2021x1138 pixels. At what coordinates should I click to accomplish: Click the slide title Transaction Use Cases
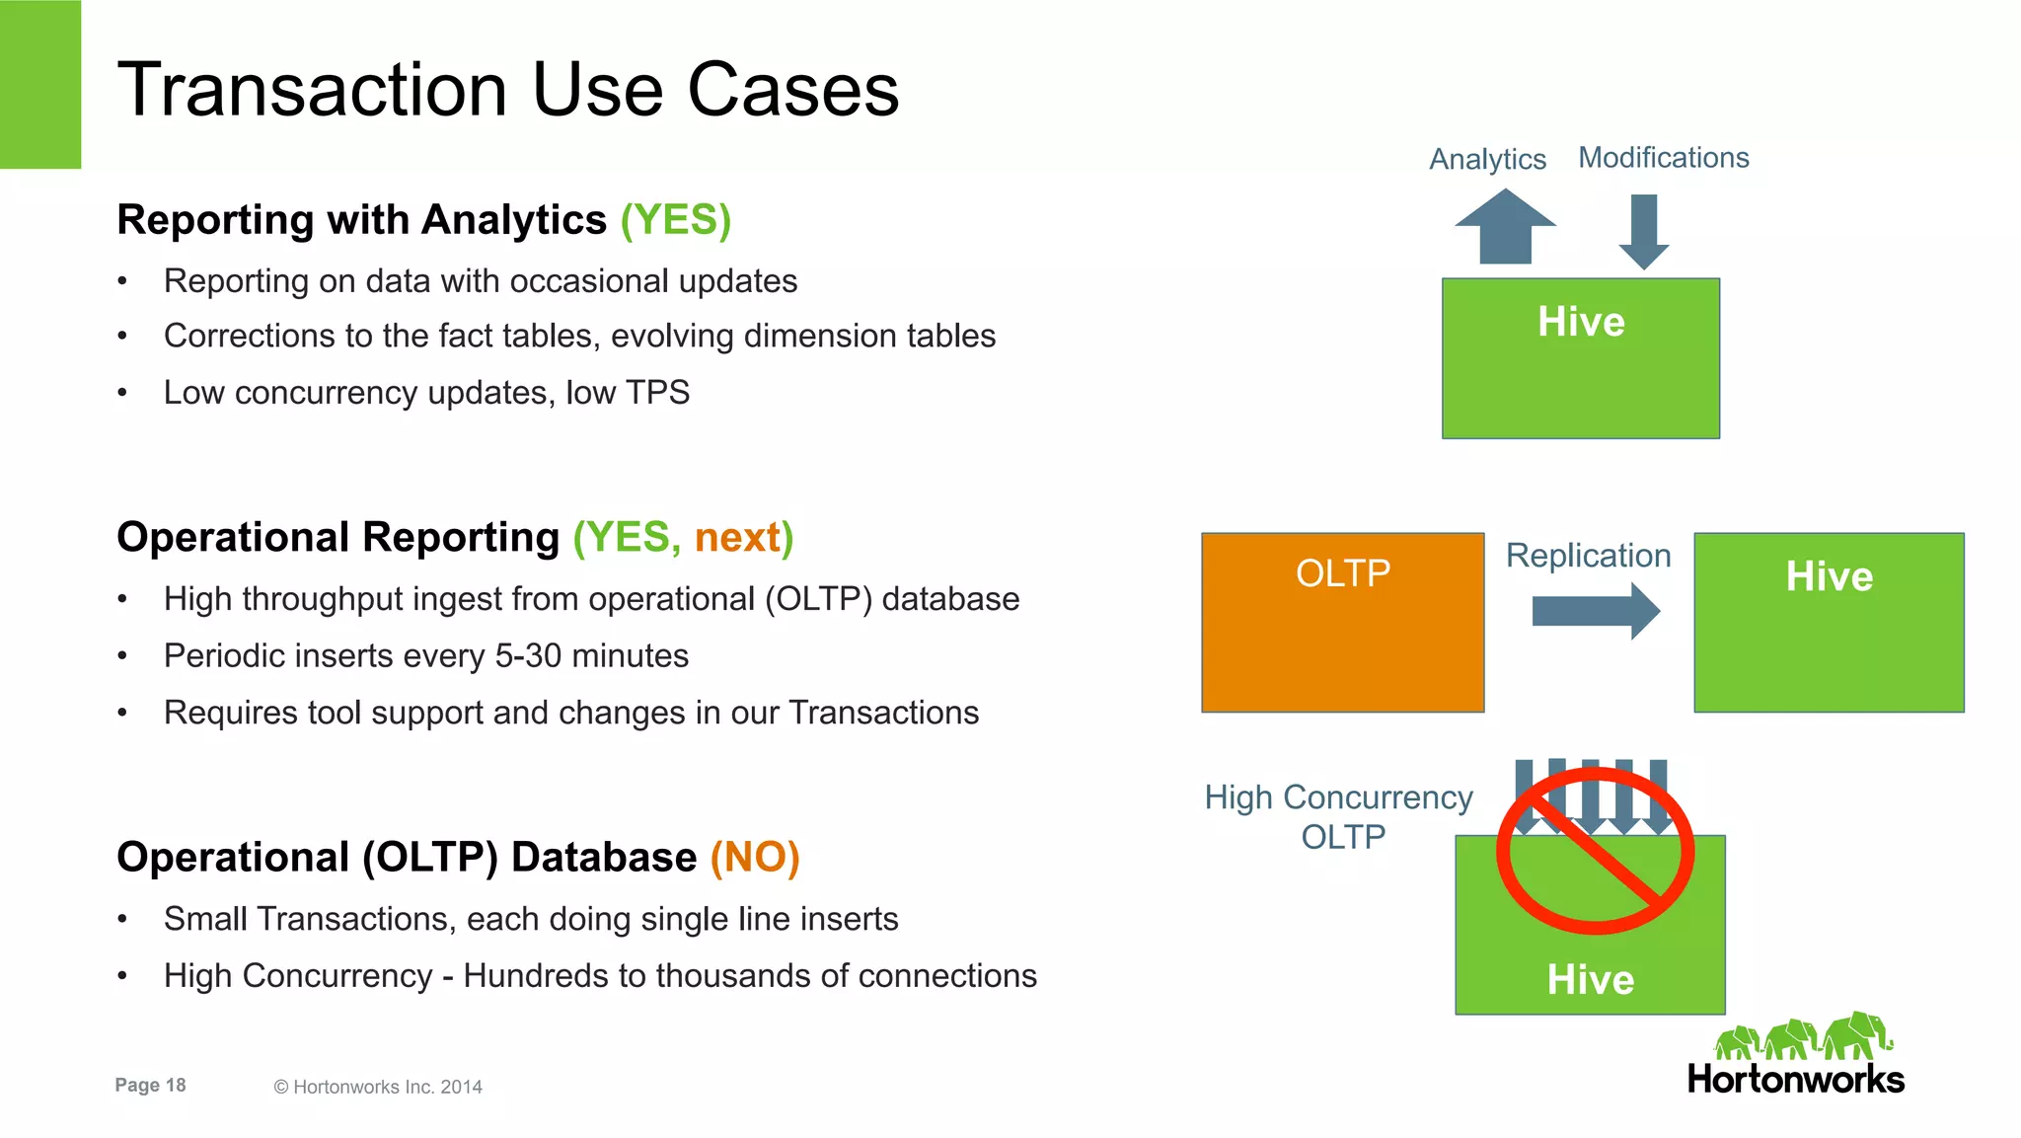(x=507, y=90)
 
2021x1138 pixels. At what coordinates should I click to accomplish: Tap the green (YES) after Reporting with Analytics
(x=675, y=219)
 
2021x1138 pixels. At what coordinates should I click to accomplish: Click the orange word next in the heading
(x=737, y=538)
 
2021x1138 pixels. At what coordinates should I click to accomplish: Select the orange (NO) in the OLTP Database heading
(x=754, y=857)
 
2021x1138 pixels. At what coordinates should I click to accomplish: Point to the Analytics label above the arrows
(x=1487, y=159)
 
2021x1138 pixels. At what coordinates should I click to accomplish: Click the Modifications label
(x=1663, y=158)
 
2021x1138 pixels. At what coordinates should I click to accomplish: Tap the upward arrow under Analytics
(x=1505, y=226)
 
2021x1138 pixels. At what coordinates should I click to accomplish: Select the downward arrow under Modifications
(x=1644, y=230)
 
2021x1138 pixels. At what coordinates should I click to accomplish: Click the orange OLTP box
(x=1342, y=623)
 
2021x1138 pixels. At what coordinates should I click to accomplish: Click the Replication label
(x=1588, y=556)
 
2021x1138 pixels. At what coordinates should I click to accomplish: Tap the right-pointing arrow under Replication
(x=1595, y=612)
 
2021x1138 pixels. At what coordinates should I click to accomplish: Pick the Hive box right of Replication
(x=1829, y=623)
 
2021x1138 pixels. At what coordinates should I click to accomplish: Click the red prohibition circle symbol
(x=1595, y=851)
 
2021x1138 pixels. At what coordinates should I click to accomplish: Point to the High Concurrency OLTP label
(x=1339, y=816)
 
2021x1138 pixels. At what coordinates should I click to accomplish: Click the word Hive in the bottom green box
(x=1590, y=980)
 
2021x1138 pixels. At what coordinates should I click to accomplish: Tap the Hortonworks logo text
(x=1795, y=1079)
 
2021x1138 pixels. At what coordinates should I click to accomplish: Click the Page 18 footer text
(x=150, y=1085)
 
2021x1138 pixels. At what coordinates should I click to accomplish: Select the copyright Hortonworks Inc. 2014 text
(x=378, y=1087)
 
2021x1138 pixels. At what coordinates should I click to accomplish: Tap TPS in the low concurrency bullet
(x=657, y=393)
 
